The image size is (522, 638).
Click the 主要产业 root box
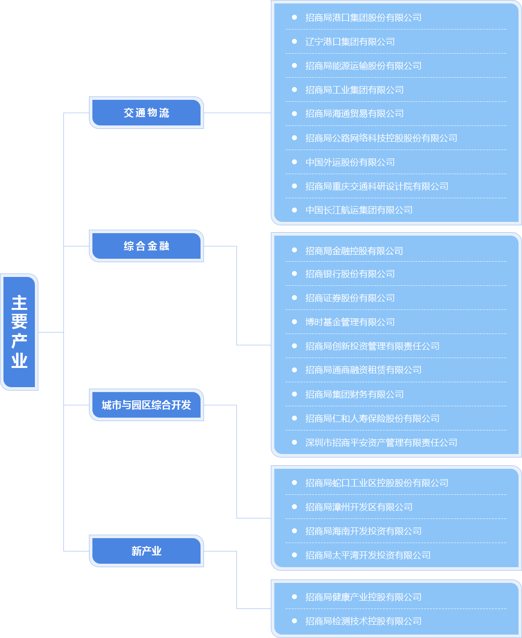tap(19, 332)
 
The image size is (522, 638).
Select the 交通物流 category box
tap(146, 113)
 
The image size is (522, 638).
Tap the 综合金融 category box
tap(146, 246)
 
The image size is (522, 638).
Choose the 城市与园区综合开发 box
tap(146, 405)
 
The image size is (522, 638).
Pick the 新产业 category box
tap(146, 551)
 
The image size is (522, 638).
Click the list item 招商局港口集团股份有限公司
tap(363, 18)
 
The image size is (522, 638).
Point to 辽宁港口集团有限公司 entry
tap(350, 42)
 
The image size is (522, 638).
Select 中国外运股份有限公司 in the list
tap(350, 162)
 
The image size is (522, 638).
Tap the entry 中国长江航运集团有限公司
tap(359, 210)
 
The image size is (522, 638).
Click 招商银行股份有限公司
tap(350, 274)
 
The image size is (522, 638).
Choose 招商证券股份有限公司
tap(350, 298)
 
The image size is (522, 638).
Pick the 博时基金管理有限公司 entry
tap(350, 322)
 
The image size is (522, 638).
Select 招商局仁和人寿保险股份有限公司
tap(372, 419)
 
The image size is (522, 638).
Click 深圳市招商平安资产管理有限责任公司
tap(381, 443)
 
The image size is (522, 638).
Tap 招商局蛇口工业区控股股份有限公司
tap(377, 483)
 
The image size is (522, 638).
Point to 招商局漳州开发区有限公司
tap(359, 507)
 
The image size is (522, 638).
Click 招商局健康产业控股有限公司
tap(363, 597)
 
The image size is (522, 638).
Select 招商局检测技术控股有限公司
tap(363, 621)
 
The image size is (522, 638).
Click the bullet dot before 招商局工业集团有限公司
tap(294, 90)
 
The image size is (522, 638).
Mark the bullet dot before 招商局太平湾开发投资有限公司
tap(294, 555)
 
